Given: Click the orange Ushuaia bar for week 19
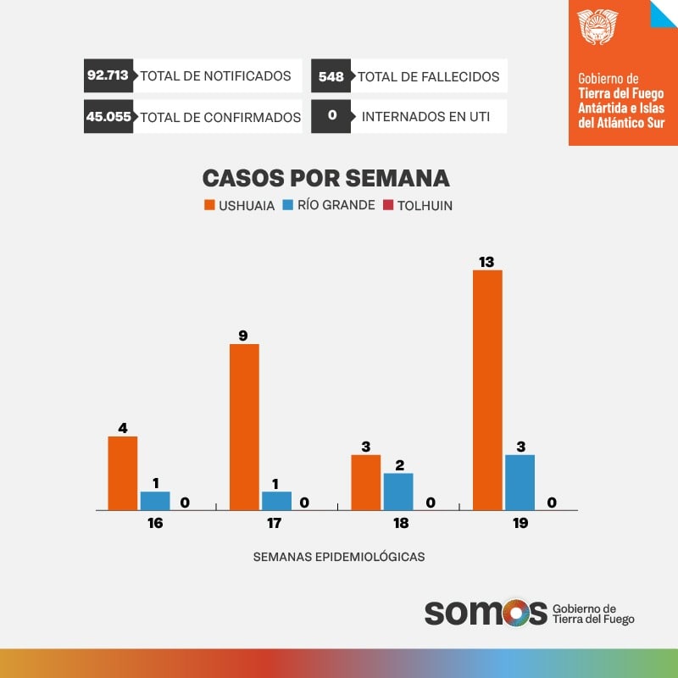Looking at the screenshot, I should click(487, 390).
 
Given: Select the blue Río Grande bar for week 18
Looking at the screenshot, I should click(397, 492).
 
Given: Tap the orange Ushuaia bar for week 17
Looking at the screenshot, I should click(244, 427).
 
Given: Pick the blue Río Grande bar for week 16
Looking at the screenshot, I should click(155, 501).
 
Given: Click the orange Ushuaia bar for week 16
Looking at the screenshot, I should click(123, 473).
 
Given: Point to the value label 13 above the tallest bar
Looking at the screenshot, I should click(486, 263).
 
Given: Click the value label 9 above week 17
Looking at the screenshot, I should click(243, 336).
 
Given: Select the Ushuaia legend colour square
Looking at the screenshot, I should click(208, 205).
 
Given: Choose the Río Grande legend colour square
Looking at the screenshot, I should click(287, 205).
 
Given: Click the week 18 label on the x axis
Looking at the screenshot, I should click(401, 523).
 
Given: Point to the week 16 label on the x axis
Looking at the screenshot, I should click(155, 523).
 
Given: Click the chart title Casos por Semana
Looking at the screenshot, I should click(325, 179).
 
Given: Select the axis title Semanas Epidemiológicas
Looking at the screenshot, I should click(339, 557).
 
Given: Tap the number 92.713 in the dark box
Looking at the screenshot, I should click(108, 75).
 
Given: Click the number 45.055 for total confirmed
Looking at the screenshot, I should click(108, 117).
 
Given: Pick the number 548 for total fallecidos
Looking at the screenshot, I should click(331, 76).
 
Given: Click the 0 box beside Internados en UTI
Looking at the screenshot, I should click(331, 117).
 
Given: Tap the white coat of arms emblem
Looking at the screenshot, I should click(598, 27).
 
